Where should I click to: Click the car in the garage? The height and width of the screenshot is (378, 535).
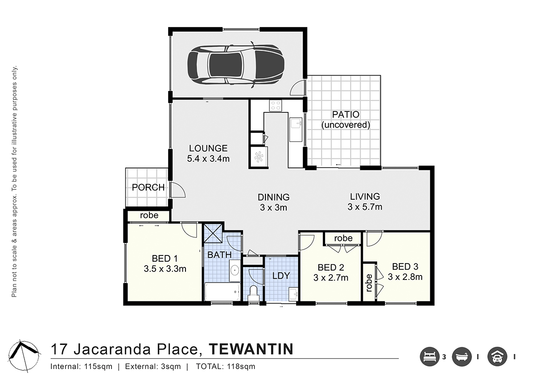pyautogui.click(x=236, y=65)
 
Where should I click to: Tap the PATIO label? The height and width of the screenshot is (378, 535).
pyautogui.click(x=346, y=115)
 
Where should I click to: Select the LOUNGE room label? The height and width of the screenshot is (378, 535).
pyautogui.click(x=208, y=148)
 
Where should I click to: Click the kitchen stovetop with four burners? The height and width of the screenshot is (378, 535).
pyautogui.click(x=276, y=106)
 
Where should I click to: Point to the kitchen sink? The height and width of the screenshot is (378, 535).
pyautogui.click(x=296, y=130)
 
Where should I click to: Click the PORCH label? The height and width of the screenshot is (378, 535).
pyautogui.click(x=148, y=188)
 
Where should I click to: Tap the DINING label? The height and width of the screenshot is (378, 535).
pyautogui.click(x=274, y=197)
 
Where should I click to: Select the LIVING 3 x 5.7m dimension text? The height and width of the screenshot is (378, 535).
pyautogui.click(x=365, y=207)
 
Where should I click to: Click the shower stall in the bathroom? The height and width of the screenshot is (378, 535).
pyautogui.click(x=213, y=233)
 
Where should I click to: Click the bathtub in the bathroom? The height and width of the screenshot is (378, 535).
pyautogui.click(x=222, y=292)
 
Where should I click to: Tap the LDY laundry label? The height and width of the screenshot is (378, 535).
pyautogui.click(x=281, y=276)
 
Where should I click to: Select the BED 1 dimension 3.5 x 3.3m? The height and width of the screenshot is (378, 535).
pyautogui.click(x=165, y=269)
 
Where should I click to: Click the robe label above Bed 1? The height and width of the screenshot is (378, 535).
pyautogui.click(x=149, y=215)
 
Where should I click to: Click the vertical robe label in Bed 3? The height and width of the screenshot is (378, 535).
pyautogui.click(x=369, y=283)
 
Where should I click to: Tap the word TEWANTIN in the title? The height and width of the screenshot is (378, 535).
pyautogui.click(x=251, y=349)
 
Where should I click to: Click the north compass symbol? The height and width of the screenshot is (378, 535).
pyautogui.click(x=24, y=356)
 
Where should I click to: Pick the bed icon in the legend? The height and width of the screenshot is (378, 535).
pyautogui.click(x=430, y=357)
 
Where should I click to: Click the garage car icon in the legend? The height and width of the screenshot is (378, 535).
pyautogui.click(x=497, y=357)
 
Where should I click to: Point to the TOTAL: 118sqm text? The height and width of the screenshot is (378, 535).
pyautogui.click(x=226, y=366)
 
